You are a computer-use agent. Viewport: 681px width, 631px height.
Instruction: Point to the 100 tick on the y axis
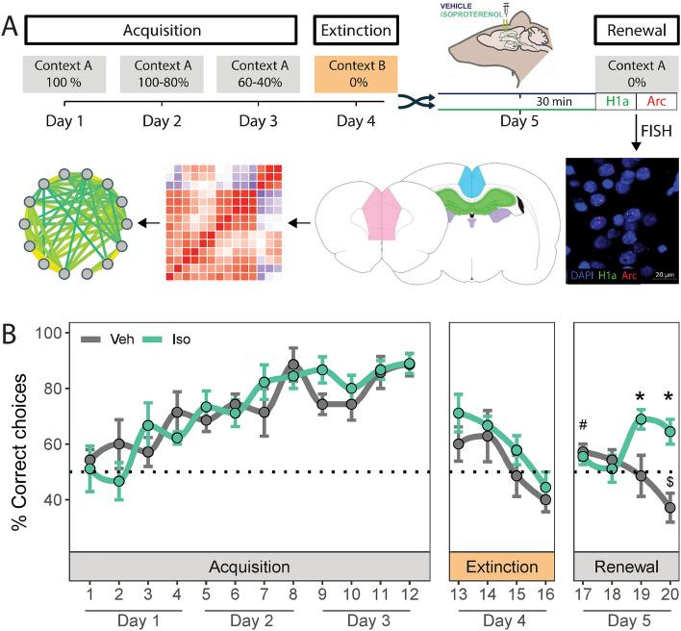[49, 334]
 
